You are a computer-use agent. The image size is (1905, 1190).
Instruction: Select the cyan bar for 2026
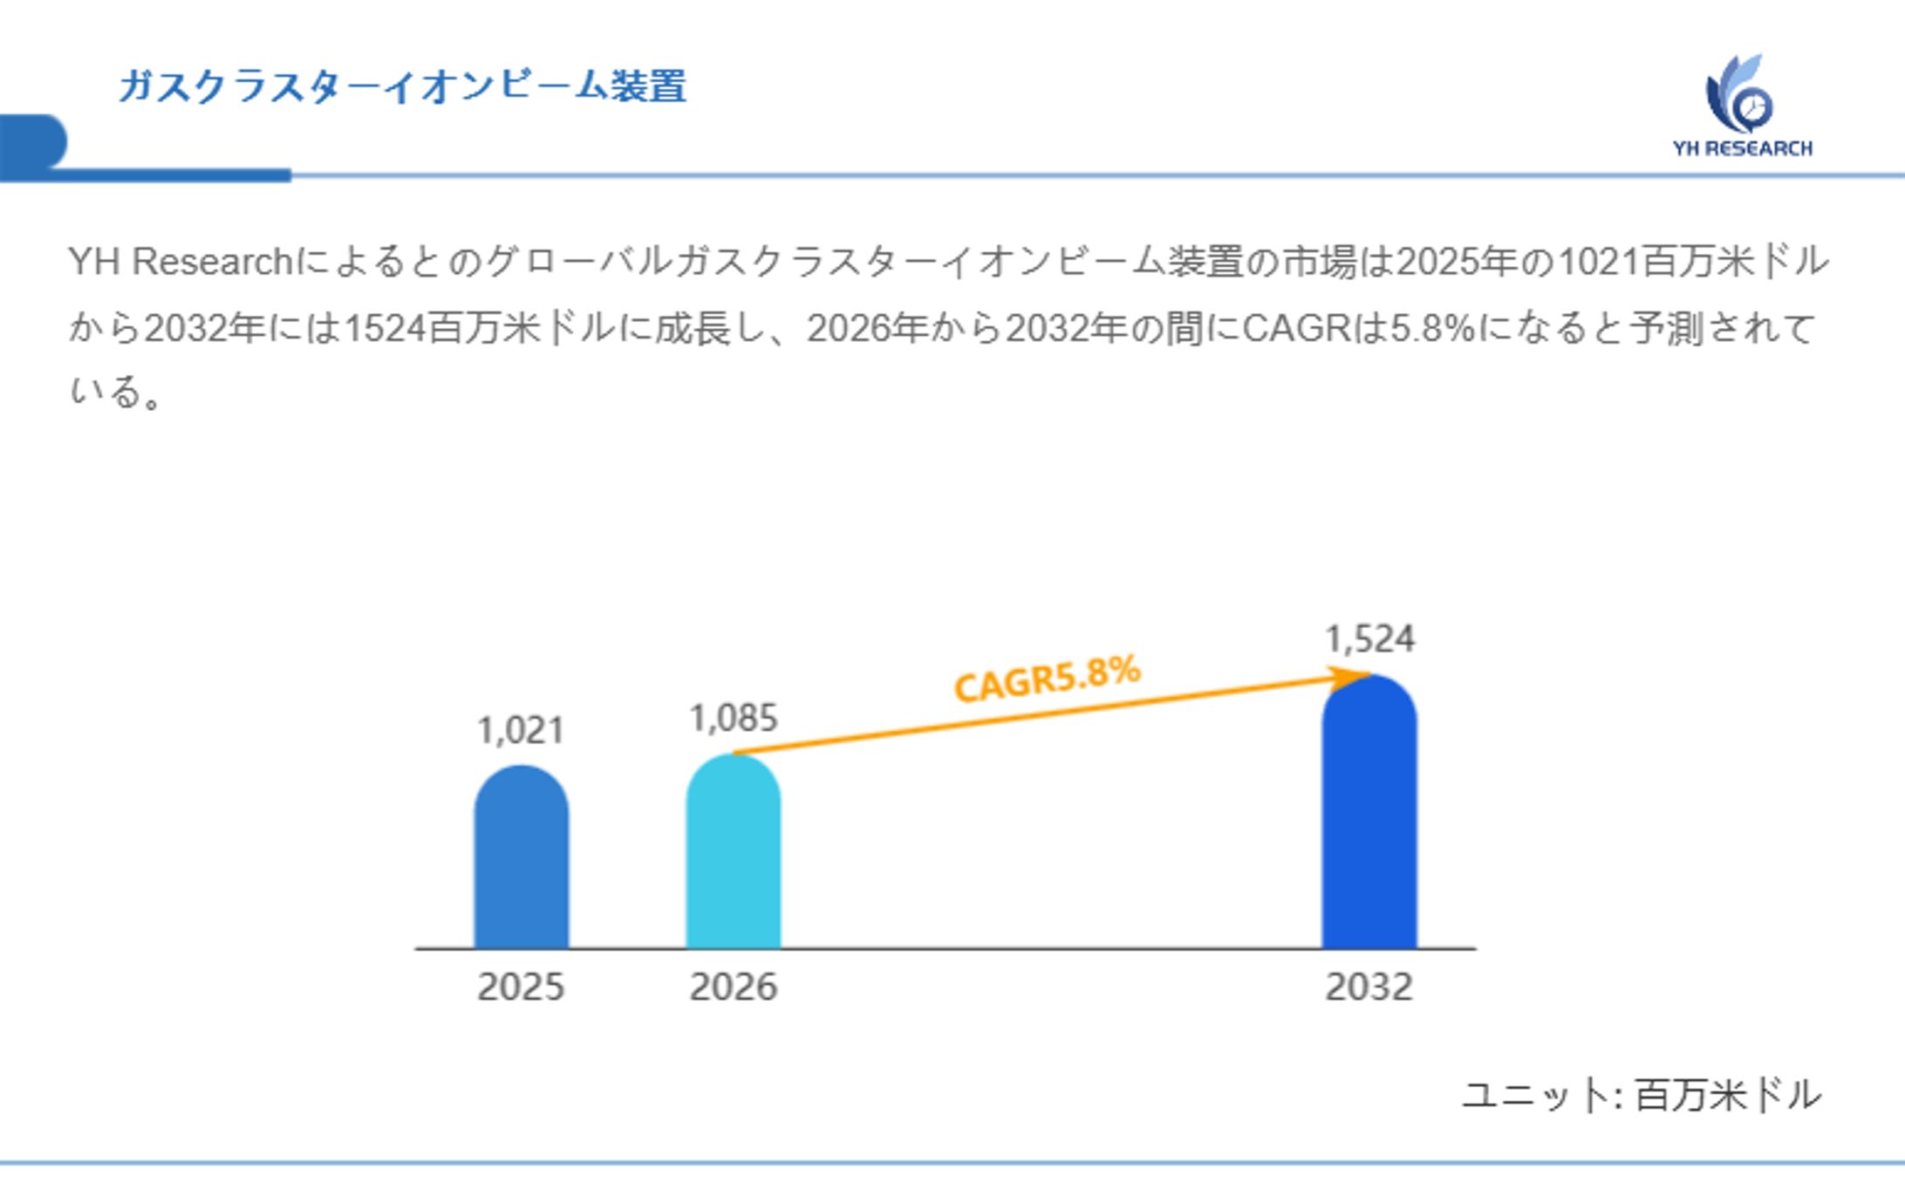coord(733,855)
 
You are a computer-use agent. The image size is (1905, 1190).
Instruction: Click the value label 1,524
coord(1369,639)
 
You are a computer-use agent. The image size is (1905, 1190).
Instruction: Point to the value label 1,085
coord(733,719)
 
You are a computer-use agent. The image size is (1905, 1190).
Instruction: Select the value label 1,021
coord(521,730)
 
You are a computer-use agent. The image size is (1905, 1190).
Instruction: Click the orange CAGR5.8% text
coord(1047,678)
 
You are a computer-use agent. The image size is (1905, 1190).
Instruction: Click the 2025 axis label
coord(521,988)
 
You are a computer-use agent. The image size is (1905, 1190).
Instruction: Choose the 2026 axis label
coord(733,988)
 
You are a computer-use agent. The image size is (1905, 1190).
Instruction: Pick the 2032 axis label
coord(1369,988)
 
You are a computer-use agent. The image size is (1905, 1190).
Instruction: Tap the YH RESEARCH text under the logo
coord(1742,148)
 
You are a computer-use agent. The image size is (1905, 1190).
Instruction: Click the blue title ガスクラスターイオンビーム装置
coord(402,86)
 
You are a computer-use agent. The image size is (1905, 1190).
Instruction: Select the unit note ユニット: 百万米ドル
coord(1641,1095)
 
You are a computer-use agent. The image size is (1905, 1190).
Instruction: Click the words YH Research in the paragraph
coord(180,262)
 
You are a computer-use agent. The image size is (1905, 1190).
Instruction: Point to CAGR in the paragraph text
coord(1296,329)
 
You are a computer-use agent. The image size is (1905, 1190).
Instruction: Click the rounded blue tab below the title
coord(33,141)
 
